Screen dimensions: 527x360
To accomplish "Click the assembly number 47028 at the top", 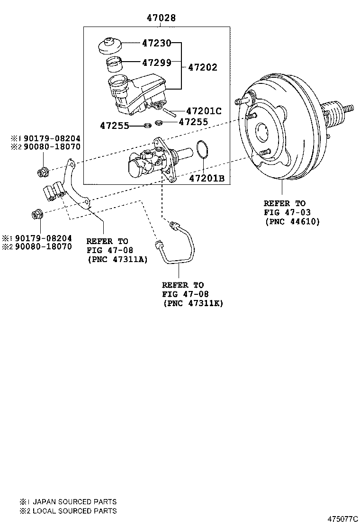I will (x=161, y=18).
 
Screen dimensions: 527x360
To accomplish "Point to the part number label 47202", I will (x=202, y=67).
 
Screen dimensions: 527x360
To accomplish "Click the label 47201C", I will (x=204, y=111).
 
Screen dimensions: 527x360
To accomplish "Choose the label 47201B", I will (x=207, y=178).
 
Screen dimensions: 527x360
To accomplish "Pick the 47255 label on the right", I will (x=194, y=122).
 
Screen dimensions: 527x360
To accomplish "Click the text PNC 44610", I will (x=292, y=221).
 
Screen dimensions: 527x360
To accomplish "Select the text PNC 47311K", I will (x=192, y=302).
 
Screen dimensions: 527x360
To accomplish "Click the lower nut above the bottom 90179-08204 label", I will (x=36, y=214).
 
